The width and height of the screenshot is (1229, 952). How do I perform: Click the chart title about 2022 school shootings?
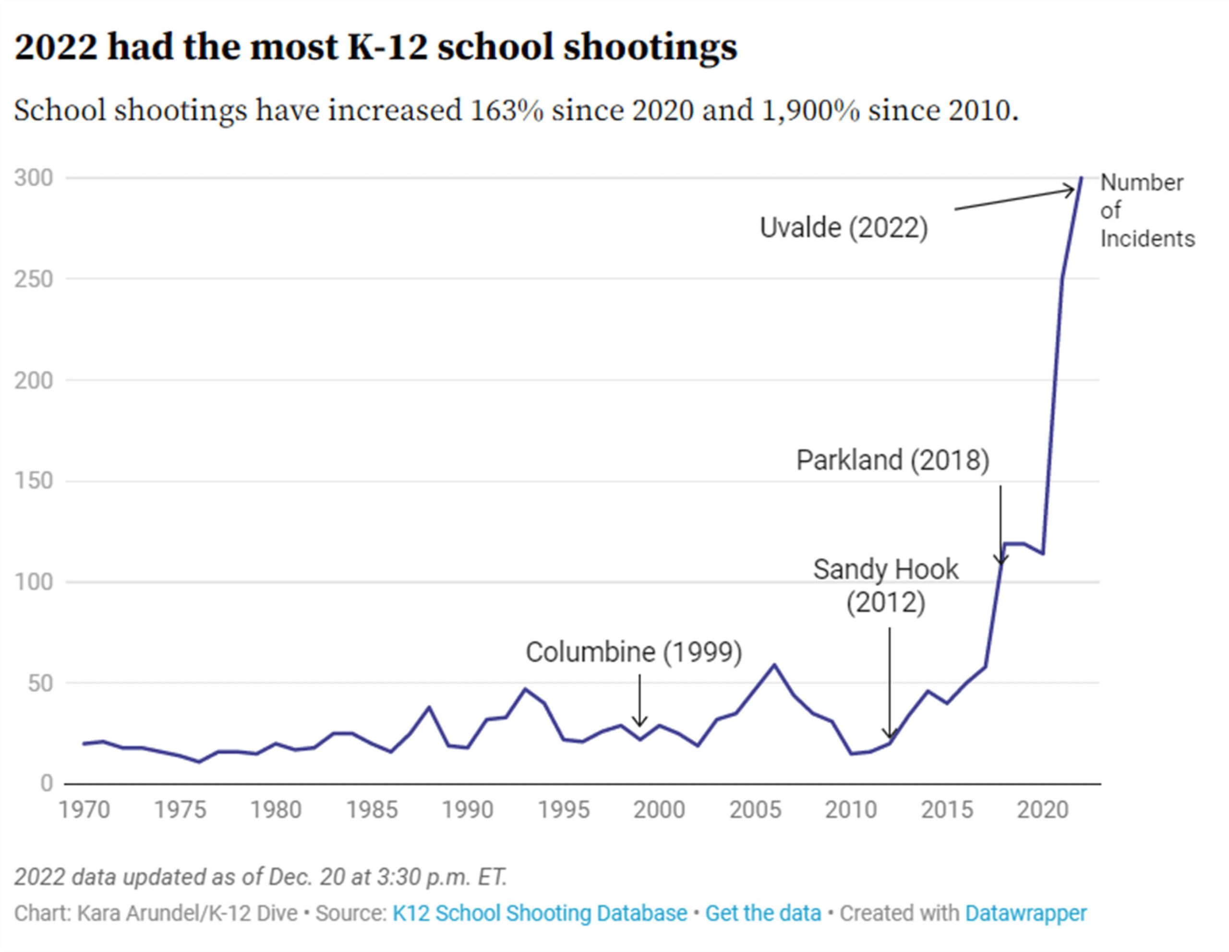375,47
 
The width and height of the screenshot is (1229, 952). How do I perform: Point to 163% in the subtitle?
506,110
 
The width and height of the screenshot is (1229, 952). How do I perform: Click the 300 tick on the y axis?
34,178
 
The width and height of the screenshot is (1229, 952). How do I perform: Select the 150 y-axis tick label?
34,481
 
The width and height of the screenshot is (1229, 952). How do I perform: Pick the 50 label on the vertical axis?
40,683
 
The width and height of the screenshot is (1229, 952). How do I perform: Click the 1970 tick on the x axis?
84,810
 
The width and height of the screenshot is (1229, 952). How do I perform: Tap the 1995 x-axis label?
563,810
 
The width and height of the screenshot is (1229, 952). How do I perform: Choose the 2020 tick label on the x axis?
1043,810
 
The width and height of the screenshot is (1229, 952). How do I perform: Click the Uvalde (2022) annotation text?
843,228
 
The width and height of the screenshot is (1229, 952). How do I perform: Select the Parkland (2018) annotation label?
892,460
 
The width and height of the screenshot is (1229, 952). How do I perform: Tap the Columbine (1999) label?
634,652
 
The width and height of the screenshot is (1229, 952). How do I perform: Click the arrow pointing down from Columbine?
639,700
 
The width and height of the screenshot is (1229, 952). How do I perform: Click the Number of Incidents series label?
1147,211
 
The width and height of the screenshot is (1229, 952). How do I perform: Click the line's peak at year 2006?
774,665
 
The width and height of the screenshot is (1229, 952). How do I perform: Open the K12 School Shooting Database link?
540,914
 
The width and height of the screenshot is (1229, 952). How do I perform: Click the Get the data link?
763,914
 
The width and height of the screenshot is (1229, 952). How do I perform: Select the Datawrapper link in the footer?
1025,914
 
